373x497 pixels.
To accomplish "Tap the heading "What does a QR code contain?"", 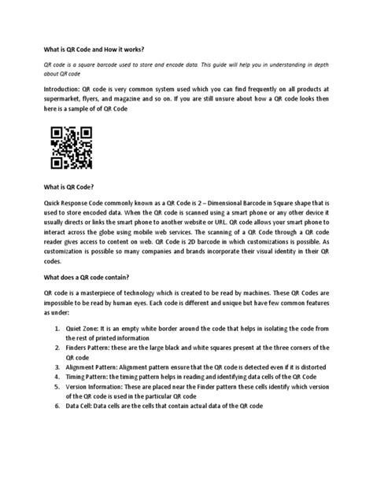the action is point(84,277).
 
